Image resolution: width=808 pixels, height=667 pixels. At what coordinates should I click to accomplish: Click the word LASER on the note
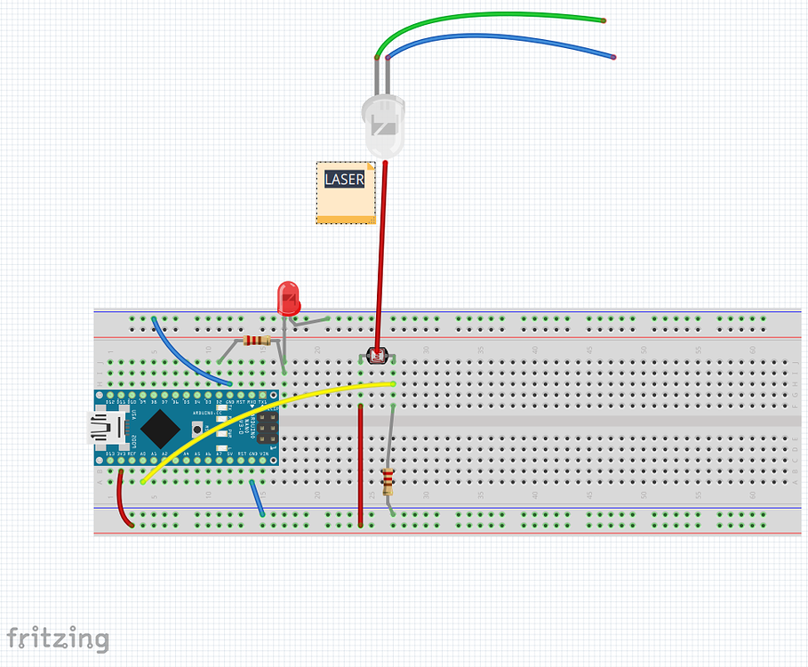344,179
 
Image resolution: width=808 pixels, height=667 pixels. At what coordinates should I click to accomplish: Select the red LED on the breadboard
288,297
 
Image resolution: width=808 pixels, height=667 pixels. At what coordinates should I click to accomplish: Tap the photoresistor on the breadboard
376,358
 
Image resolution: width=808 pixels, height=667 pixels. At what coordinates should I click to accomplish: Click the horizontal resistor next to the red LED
256,341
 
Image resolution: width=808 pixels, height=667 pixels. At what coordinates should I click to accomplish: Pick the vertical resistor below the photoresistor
388,481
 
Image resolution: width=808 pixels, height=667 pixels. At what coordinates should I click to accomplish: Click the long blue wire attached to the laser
498,39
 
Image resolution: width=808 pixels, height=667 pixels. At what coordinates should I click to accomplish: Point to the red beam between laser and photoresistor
381,258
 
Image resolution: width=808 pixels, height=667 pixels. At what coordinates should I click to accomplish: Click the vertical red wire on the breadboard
360,462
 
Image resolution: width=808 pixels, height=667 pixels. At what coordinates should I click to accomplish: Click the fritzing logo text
59,639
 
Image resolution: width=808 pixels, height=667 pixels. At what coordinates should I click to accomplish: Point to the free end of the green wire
604,20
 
